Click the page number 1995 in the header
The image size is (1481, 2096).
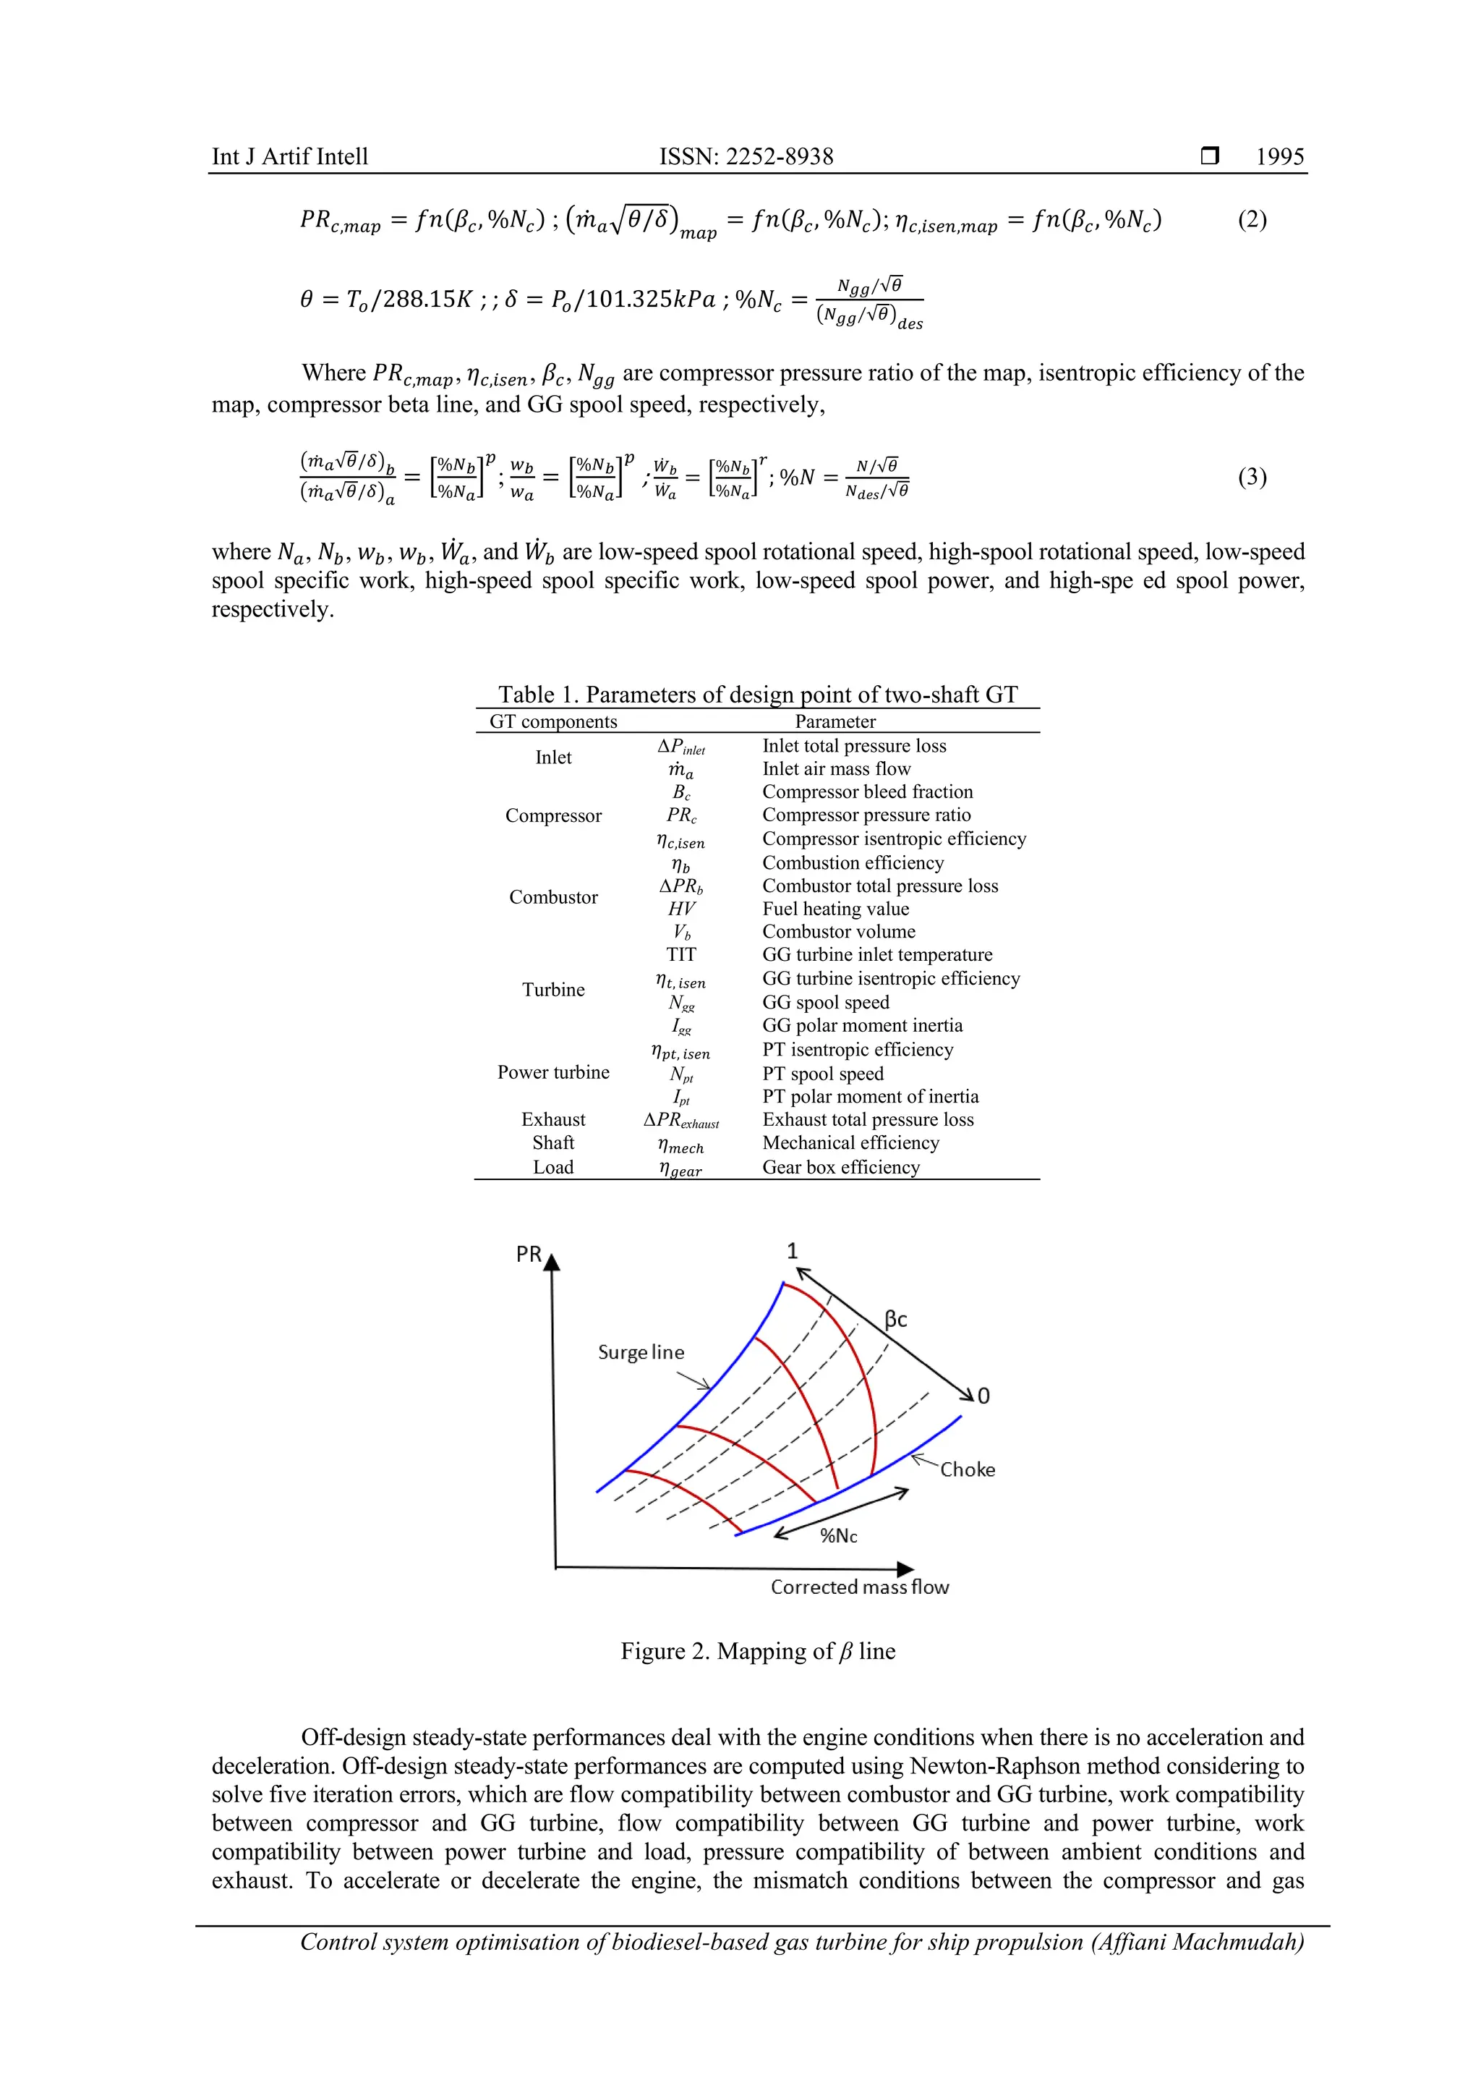coord(1279,156)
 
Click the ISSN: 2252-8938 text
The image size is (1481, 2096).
coord(746,156)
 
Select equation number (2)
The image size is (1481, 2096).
coord(1252,219)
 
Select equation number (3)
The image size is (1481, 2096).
coord(1252,477)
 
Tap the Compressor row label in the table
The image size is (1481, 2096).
coord(553,815)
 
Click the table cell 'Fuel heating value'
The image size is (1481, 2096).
coord(835,908)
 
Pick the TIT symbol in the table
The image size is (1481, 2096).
coord(680,954)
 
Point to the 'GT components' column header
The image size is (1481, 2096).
coord(553,721)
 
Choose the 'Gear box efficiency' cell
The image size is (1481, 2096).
coord(840,1167)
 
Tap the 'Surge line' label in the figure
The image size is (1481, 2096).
coord(641,1352)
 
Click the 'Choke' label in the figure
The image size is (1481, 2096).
coord(968,1469)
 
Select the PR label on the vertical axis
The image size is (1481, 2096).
coord(529,1255)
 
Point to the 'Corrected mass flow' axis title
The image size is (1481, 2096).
coord(860,1587)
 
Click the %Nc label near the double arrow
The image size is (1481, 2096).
coord(837,1535)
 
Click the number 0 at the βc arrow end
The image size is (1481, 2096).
coord(983,1396)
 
